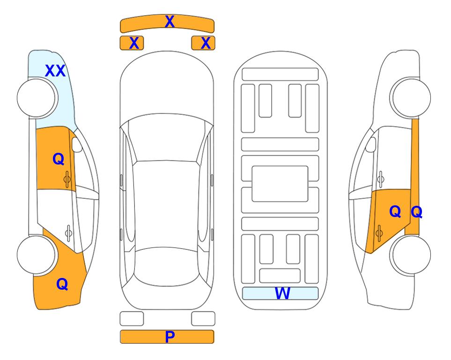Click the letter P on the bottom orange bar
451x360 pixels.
[170, 337]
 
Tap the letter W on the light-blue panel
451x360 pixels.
[282, 293]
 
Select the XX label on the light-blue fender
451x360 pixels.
[55, 71]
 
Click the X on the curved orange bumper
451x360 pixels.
[170, 22]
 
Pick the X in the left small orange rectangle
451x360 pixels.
[134, 43]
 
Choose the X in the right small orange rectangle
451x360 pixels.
[206, 43]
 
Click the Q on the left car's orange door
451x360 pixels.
[59, 159]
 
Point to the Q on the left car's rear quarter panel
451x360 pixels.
[62, 284]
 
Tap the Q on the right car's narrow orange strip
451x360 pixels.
[416, 212]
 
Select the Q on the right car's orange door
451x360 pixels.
[395, 212]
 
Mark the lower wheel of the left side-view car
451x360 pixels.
[36, 255]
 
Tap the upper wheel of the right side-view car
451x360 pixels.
[411, 97]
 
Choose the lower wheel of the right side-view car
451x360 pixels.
[411, 255]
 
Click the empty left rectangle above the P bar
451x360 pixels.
[132, 319]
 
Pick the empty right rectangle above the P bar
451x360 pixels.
[203, 319]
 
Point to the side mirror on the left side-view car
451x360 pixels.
[77, 144]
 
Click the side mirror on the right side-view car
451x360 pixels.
[370, 144]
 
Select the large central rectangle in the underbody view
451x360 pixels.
[280, 184]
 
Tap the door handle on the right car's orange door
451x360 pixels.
[379, 233]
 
